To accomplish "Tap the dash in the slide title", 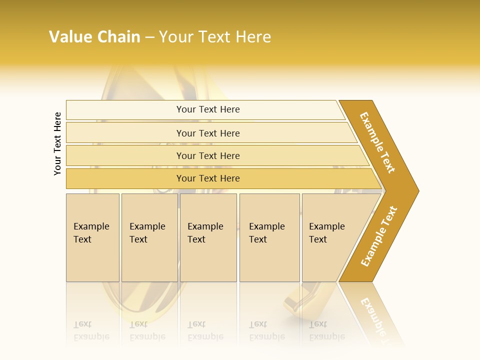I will click(149, 37).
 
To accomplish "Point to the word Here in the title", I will click(253, 37).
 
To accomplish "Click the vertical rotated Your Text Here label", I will click(57, 143).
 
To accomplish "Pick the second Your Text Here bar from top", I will click(208, 133).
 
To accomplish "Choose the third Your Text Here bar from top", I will click(208, 155).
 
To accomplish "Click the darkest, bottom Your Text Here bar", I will click(208, 178).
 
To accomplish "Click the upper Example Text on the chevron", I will click(377, 142).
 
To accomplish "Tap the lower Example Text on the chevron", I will click(379, 236).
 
